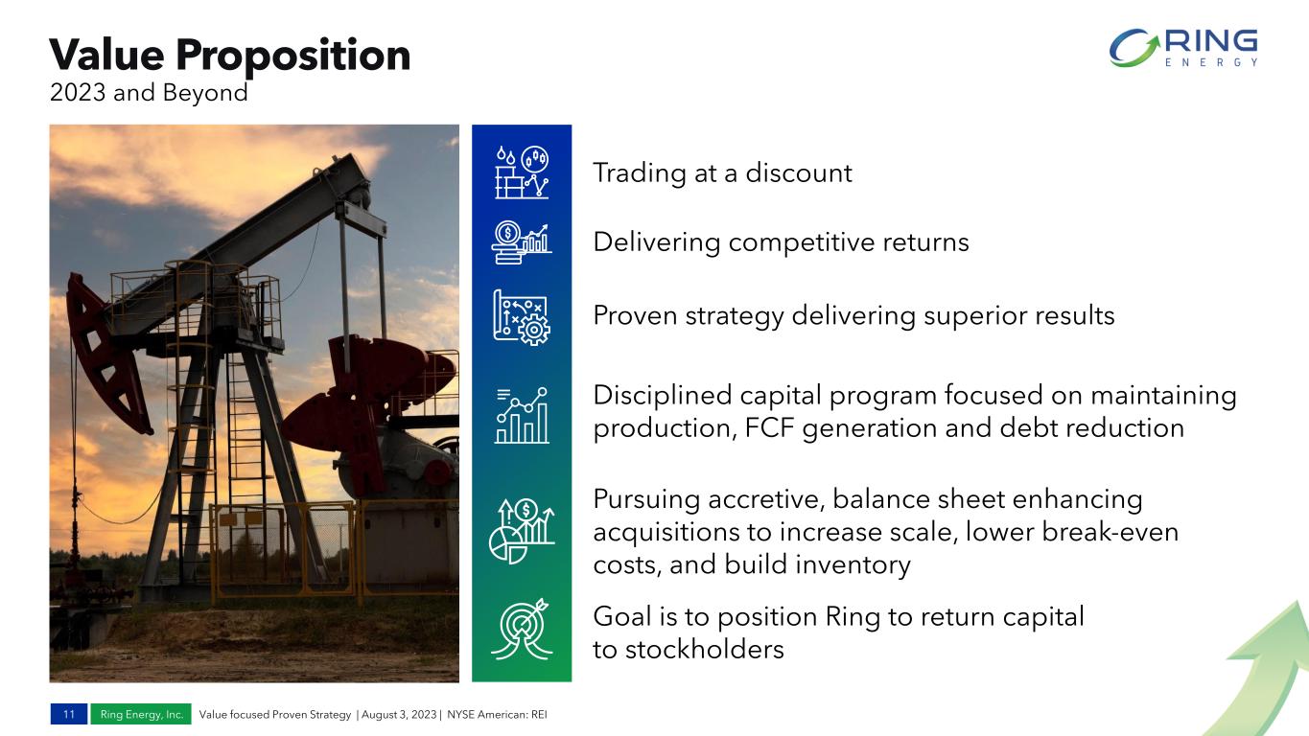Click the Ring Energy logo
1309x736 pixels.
tap(1183, 48)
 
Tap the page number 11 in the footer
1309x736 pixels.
tap(69, 714)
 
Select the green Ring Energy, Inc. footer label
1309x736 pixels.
tap(141, 714)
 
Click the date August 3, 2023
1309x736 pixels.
tap(399, 714)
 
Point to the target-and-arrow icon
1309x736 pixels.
tap(522, 630)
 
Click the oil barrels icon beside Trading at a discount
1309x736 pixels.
tap(522, 172)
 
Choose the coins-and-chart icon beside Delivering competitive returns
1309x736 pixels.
tap(522, 242)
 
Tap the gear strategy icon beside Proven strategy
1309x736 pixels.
tap(522, 317)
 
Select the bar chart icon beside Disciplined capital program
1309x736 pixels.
tap(522, 415)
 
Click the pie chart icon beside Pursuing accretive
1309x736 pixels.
tap(522, 531)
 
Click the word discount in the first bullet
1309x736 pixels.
tap(799, 172)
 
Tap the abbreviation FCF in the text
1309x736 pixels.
tap(769, 428)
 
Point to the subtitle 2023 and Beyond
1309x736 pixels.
tap(149, 93)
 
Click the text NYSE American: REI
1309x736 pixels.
tap(498, 714)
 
